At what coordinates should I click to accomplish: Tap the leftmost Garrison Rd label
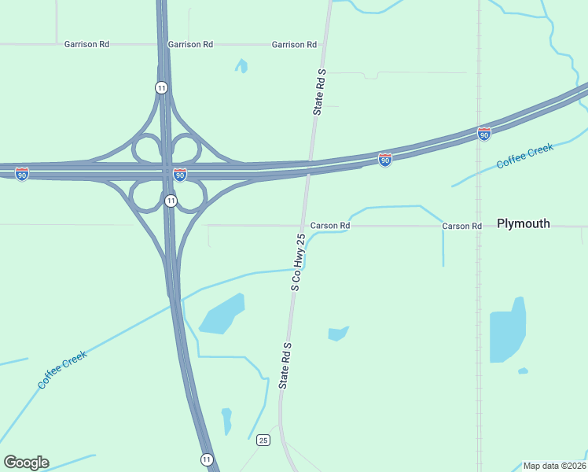(x=86, y=45)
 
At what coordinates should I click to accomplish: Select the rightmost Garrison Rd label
(x=294, y=45)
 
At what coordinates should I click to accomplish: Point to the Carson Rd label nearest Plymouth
(x=461, y=226)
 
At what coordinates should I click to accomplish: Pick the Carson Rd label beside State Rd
(x=329, y=226)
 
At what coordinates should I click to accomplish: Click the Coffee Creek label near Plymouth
(x=525, y=156)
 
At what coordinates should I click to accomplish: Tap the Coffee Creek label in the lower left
(x=63, y=369)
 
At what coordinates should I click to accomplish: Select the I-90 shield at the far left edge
(x=22, y=174)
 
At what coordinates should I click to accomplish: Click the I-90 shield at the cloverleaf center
(x=180, y=174)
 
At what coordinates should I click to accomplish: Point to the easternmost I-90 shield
(x=484, y=135)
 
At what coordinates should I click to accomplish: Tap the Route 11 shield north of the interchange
(x=161, y=87)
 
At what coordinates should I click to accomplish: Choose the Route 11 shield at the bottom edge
(x=206, y=459)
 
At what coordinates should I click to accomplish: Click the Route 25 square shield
(x=263, y=440)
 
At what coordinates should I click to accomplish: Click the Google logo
(x=26, y=463)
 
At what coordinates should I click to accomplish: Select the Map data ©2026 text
(x=554, y=466)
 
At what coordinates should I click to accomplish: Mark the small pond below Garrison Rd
(x=242, y=66)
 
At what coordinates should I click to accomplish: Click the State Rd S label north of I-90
(x=319, y=92)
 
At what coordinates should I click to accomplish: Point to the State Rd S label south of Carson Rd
(x=285, y=366)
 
